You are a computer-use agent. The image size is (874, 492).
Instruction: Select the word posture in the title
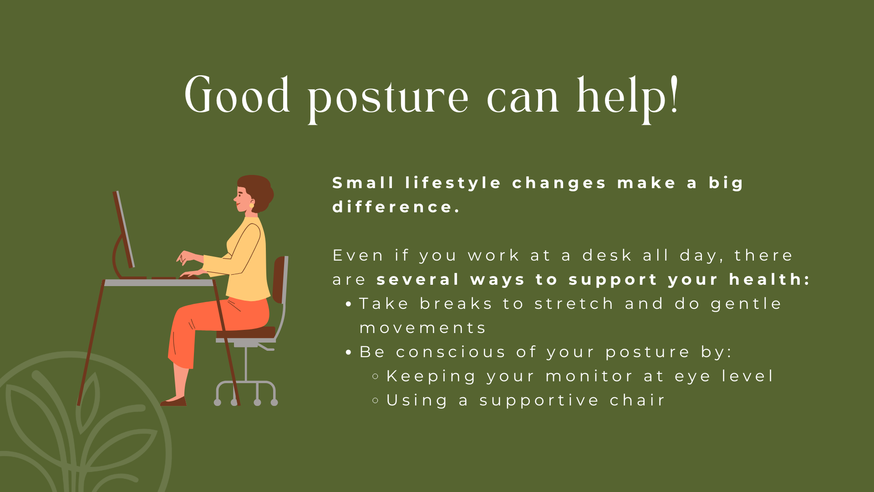388,98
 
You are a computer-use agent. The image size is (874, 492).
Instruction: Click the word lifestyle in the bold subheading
453,183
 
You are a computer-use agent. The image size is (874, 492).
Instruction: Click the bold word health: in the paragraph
769,279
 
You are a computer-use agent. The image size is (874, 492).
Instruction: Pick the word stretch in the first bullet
574,304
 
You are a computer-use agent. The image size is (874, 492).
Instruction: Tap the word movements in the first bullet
423,328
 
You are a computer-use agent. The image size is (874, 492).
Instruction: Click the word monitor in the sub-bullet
589,376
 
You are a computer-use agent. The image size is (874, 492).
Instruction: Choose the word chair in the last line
637,400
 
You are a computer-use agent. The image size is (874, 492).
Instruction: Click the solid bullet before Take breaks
349,304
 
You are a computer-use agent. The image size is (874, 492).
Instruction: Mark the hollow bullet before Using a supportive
376,400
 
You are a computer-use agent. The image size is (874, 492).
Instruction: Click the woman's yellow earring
251,206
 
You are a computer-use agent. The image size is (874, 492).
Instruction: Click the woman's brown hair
258,189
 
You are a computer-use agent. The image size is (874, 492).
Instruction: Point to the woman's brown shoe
174,402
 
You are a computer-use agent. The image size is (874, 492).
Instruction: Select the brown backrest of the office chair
279,279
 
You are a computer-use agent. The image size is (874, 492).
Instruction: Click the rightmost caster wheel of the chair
274,402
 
